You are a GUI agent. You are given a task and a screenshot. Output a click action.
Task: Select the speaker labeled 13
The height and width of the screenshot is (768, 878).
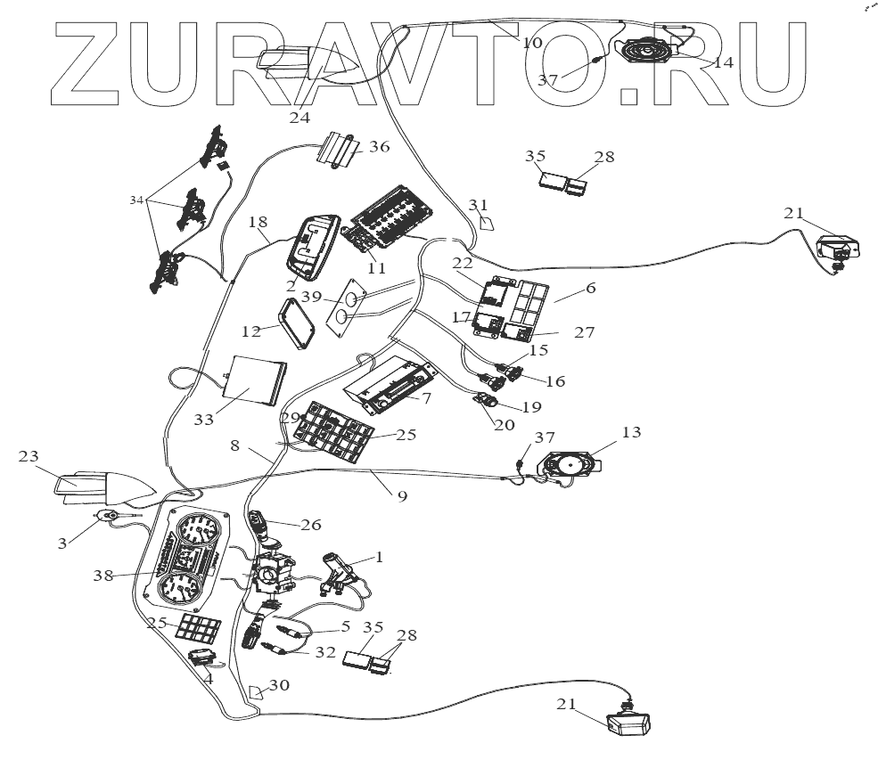click(569, 465)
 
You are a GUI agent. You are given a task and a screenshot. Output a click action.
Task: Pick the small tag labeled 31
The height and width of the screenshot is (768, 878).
click(486, 223)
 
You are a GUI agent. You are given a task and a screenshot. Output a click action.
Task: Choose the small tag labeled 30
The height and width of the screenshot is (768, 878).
click(258, 692)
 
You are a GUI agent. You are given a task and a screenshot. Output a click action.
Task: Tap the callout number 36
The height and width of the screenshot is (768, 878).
click(378, 148)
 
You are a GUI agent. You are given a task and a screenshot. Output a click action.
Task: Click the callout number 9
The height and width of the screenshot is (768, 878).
click(402, 495)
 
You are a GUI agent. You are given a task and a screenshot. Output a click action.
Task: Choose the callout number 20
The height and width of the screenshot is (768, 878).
click(504, 425)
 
